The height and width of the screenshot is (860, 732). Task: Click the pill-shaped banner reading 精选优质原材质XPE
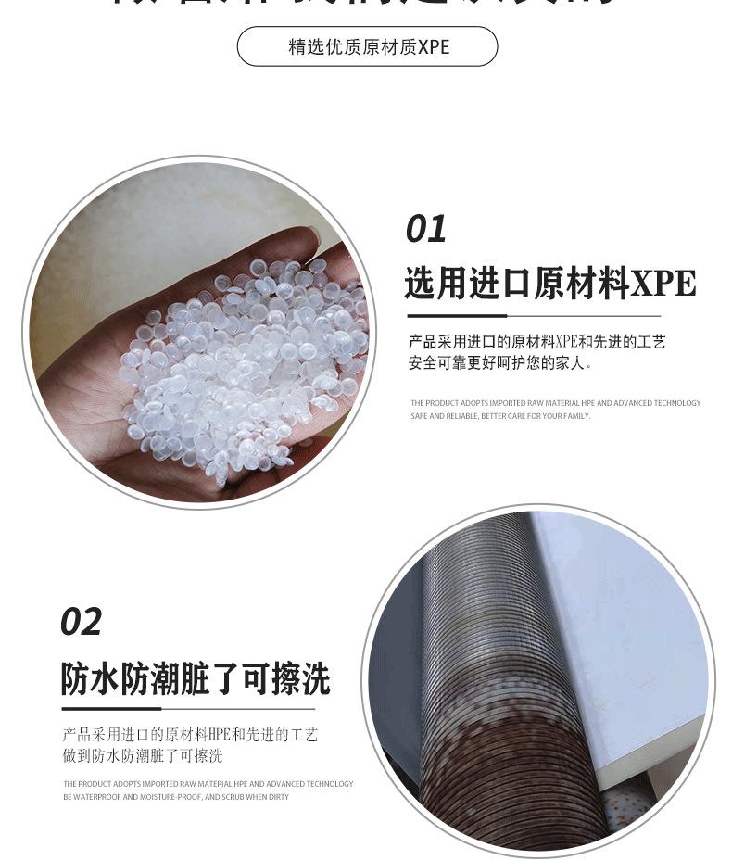coord(367,46)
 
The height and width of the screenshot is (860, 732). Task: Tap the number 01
coord(426,229)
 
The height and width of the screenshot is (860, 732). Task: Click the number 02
coord(81,622)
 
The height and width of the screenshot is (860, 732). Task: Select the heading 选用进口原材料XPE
coord(549,284)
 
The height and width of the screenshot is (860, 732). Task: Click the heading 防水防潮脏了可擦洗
coord(196,679)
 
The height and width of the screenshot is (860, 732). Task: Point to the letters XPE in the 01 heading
coord(663,284)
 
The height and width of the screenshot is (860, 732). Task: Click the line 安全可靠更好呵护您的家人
coord(499,363)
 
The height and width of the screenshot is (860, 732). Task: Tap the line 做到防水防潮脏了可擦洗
coord(143,756)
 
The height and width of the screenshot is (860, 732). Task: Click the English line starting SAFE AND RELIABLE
coord(500,416)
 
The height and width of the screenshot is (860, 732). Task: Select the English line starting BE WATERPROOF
coord(176,797)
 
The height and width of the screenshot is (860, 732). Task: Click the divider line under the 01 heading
coord(533,316)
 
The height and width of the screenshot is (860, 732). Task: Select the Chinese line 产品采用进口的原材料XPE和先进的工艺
coord(536,343)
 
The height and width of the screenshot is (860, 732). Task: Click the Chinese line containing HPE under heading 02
coord(190,735)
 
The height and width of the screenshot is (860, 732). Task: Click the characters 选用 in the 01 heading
coord(435,284)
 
